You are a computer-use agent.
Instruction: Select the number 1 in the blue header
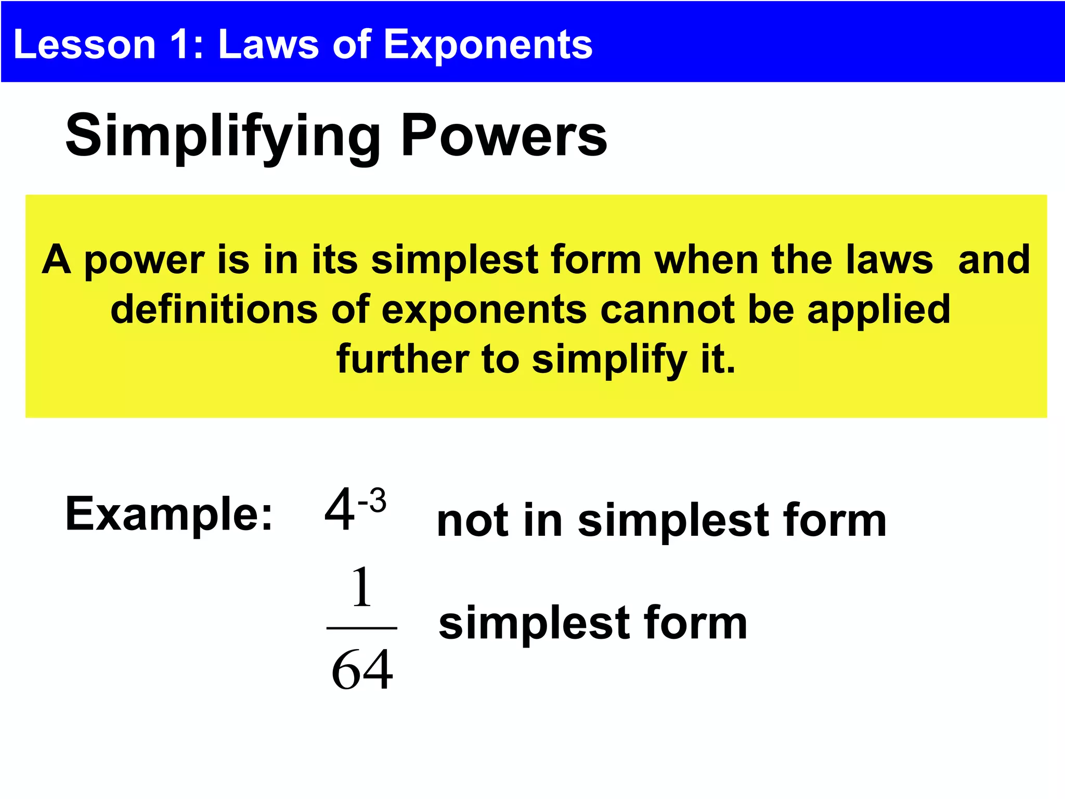tap(181, 44)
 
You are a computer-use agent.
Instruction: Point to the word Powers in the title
tap(503, 136)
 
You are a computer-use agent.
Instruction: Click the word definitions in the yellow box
tap(214, 310)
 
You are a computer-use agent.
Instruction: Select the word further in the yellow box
tap(402, 359)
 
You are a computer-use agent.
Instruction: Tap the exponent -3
tap(372, 500)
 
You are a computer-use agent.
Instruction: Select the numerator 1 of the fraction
tap(362, 588)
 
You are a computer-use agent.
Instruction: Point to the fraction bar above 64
tap(362, 628)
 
